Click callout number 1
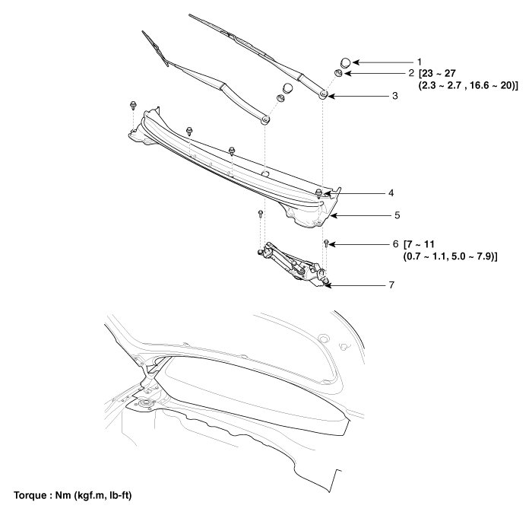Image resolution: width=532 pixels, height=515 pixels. click(419, 61)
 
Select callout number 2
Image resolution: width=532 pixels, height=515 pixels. click(411, 74)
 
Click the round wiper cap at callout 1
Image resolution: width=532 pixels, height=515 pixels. click(344, 62)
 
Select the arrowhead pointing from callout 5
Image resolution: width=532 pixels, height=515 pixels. click(332, 215)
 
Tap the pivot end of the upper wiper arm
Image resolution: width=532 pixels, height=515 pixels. click(324, 94)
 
